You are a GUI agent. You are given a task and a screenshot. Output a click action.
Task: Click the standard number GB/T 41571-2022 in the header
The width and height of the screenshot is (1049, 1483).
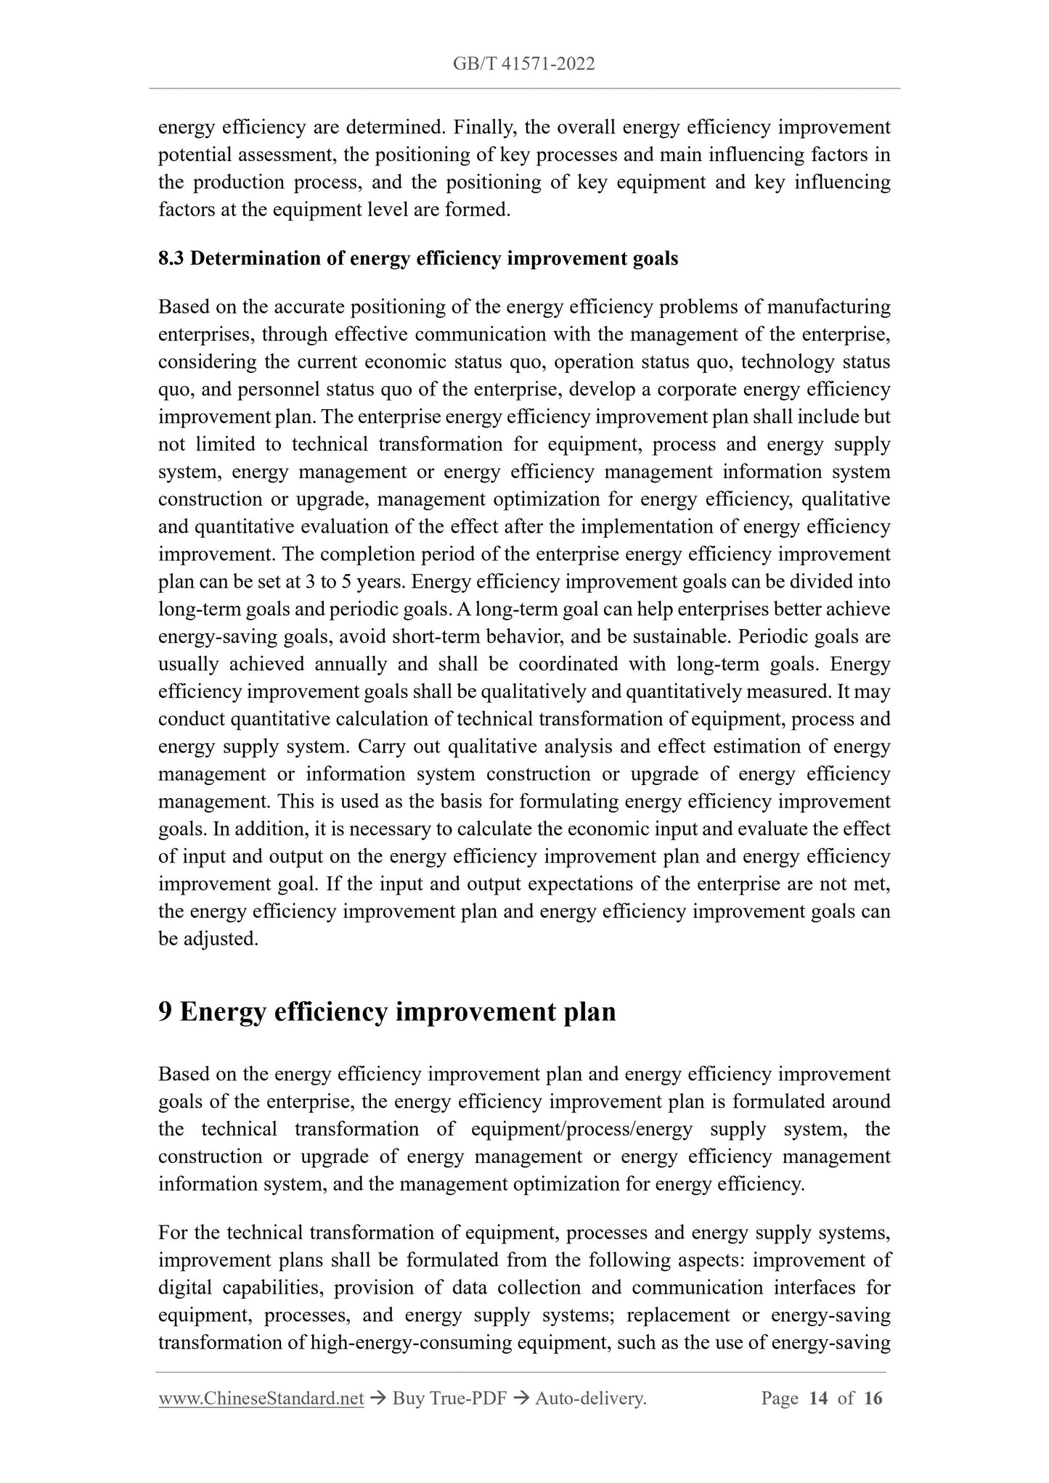point(523,64)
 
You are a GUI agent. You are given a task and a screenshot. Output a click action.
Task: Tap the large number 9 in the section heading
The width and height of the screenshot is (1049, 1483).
point(166,1011)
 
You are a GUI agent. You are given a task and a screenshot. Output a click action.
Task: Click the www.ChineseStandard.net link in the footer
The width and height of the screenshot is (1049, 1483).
point(261,1398)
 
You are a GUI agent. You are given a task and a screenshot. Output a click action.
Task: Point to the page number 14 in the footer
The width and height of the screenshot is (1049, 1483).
point(817,1398)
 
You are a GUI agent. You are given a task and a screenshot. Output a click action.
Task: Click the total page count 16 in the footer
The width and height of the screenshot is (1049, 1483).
point(873,1398)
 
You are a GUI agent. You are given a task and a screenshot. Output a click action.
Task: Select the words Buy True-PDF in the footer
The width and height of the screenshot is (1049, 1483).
point(449,1398)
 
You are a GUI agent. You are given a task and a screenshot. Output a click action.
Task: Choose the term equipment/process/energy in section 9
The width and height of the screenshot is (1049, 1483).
point(581,1130)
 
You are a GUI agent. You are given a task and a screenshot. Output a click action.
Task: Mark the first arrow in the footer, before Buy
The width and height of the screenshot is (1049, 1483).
point(377,1398)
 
